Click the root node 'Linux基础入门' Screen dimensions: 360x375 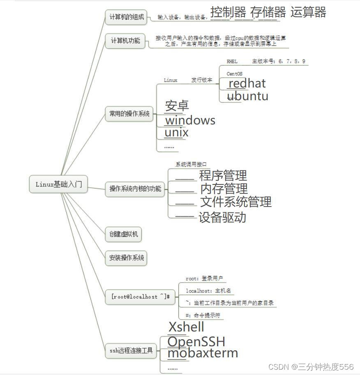pos(59,184)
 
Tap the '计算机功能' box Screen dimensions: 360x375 pos(125,41)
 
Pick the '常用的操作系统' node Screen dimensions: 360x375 pos(129,114)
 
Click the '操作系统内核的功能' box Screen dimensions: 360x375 pos(135,189)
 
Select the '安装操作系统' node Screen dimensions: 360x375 pos(127,258)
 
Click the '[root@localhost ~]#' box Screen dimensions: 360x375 pos(141,296)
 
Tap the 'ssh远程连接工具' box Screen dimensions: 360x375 pos(131,350)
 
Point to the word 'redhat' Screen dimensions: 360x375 pos(247,83)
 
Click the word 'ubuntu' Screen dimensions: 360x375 pos(247,96)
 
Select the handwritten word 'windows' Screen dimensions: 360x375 pos(190,120)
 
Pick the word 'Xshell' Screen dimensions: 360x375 pos(186,327)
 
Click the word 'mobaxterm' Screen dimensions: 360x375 pos(203,353)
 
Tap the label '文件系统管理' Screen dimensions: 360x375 pos(236,202)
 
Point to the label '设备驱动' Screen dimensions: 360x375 pos(222,217)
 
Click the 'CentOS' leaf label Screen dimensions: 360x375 pos(234,74)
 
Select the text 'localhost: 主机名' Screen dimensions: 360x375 pos(208,291)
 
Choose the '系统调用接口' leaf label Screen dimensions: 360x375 pos(191,164)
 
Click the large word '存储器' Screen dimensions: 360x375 pos(268,12)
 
